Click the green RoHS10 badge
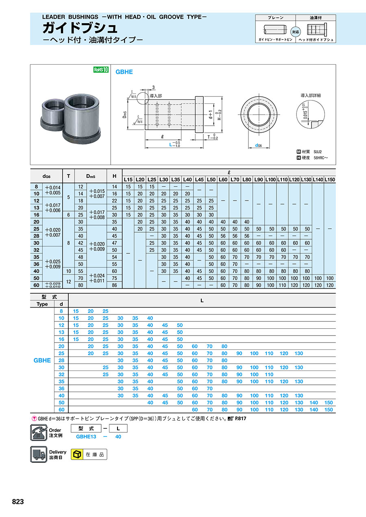click(101, 70)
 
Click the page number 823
click(18, 502)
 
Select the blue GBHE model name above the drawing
click(124, 72)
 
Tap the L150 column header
click(330, 179)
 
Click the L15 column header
click(128, 179)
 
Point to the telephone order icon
click(39, 432)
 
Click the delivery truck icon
click(39, 454)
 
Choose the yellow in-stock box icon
click(76, 454)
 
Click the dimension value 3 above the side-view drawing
click(154, 87)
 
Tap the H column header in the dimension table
click(114, 176)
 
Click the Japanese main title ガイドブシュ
click(80, 28)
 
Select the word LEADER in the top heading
click(54, 17)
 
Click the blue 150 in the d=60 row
click(329, 410)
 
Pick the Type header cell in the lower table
click(42, 304)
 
